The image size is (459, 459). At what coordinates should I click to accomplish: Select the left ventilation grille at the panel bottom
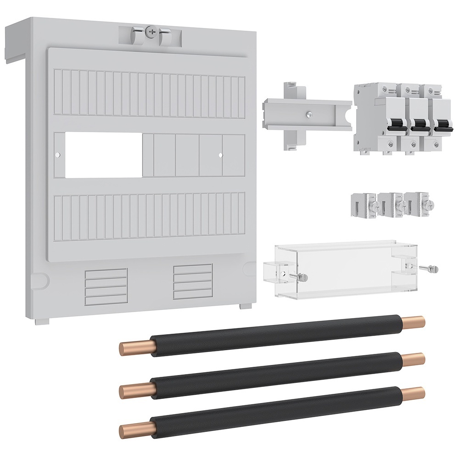pos(106,287)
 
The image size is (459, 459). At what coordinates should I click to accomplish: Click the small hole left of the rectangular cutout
pos(57,155)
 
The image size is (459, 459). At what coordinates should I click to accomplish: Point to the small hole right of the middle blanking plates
pos(221,155)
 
